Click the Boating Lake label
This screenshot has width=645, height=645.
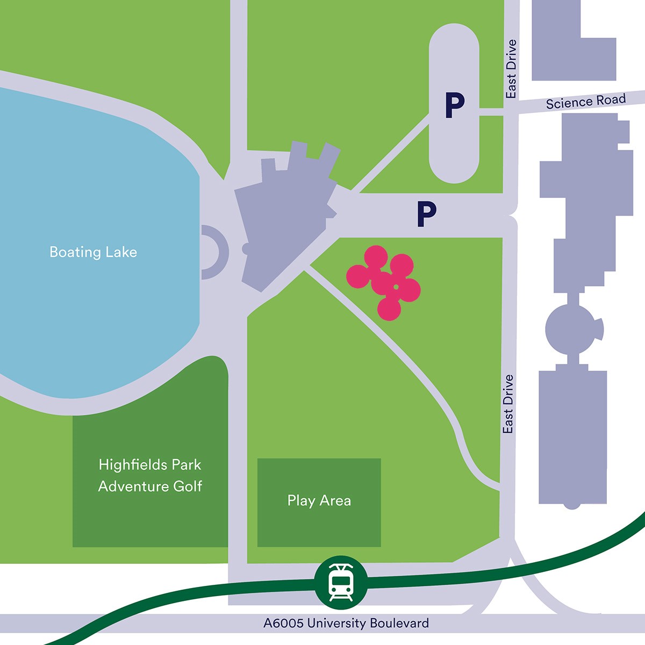tap(93, 252)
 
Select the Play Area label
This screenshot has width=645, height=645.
tap(319, 500)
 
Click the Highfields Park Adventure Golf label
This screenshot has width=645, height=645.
tap(150, 475)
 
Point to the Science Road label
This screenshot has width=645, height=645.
tap(586, 101)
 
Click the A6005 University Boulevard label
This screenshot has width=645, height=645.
tap(346, 623)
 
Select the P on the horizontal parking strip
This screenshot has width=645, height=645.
tap(426, 214)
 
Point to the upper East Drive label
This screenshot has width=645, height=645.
tap(511, 69)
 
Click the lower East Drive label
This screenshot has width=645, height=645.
tap(508, 404)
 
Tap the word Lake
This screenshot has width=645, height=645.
tap(121, 252)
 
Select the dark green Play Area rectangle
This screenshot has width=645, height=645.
tap(319, 524)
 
